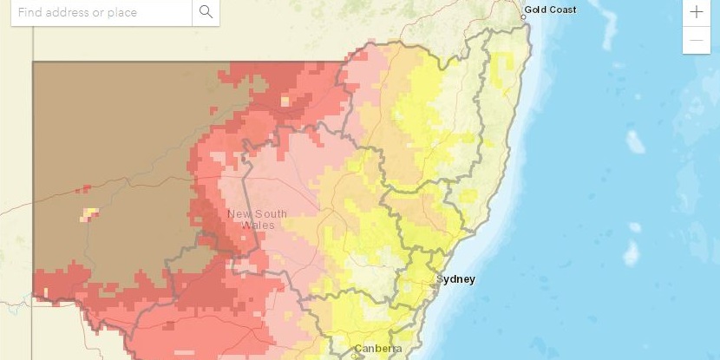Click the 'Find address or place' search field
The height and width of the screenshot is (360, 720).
pyautogui.click(x=100, y=12)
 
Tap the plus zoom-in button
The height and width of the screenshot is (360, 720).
pyautogui.click(x=697, y=12)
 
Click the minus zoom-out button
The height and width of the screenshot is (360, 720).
pyautogui.click(x=697, y=40)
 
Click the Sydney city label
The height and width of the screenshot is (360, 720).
pyautogui.click(x=456, y=279)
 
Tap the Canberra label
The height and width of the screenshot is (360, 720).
pyautogui.click(x=379, y=349)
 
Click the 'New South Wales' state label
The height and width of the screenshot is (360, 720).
pyautogui.click(x=257, y=219)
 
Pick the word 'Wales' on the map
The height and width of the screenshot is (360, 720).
pyautogui.click(x=258, y=226)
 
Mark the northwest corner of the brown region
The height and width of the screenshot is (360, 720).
pyautogui.click(x=34, y=62)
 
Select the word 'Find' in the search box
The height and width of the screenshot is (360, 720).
pyautogui.click(x=30, y=12)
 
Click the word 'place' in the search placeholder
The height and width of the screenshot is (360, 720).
pyautogui.click(x=121, y=12)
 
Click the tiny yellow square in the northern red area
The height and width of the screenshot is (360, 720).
pyautogui.click(x=285, y=101)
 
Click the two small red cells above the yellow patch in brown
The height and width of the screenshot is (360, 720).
pyautogui.click(x=83, y=188)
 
